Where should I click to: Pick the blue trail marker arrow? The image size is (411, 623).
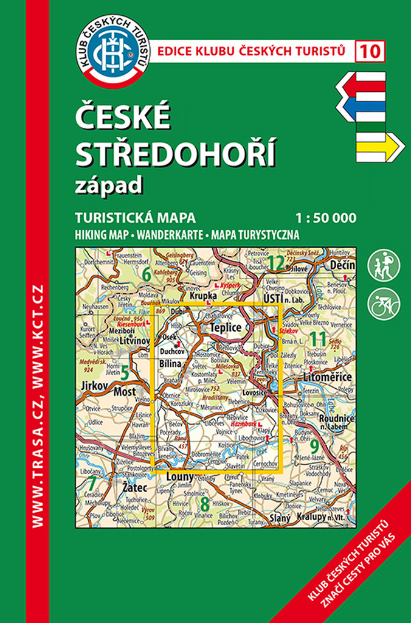pos(361,110)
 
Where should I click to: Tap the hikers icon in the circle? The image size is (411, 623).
pos(384,265)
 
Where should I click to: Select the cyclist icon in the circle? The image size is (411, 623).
pos(384,302)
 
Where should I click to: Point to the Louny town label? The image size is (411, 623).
pos(179,476)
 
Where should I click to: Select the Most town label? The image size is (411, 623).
pos(125,392)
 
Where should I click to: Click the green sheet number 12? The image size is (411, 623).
pos(276,263)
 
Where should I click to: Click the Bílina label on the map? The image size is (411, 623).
pos(170,363)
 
